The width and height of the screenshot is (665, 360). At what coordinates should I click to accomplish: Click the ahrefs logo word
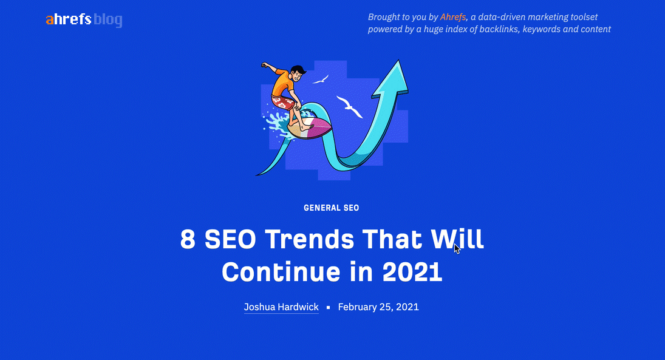coord(68,19)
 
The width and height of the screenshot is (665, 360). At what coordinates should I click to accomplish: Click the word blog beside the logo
coord(107,20)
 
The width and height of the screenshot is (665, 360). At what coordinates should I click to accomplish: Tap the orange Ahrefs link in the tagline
coord(452,17)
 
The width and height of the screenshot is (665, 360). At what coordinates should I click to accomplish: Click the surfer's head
coord(298,73)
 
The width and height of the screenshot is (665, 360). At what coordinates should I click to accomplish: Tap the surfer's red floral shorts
coord(283,103)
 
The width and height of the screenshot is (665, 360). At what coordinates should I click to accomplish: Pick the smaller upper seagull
coord(321,80)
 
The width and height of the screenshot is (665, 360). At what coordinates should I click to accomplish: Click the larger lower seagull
coord(349,106)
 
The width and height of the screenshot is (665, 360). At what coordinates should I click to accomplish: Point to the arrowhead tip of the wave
coord(398,60)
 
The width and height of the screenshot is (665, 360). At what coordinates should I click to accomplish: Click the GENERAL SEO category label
coord(331,208)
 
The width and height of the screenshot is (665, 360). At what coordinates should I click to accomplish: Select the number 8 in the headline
coord(188,239)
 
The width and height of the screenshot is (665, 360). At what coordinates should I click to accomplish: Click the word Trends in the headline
coord(309,239)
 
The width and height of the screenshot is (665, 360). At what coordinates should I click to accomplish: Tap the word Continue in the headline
coord(281,272)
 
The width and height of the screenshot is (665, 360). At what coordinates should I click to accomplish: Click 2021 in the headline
coord(412,272)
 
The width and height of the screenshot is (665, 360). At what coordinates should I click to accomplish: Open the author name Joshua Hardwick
coord(281,307)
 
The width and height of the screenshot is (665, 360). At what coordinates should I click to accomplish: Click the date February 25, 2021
coord(378,307)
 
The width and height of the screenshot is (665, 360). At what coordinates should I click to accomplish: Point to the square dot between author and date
coord(329,307)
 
